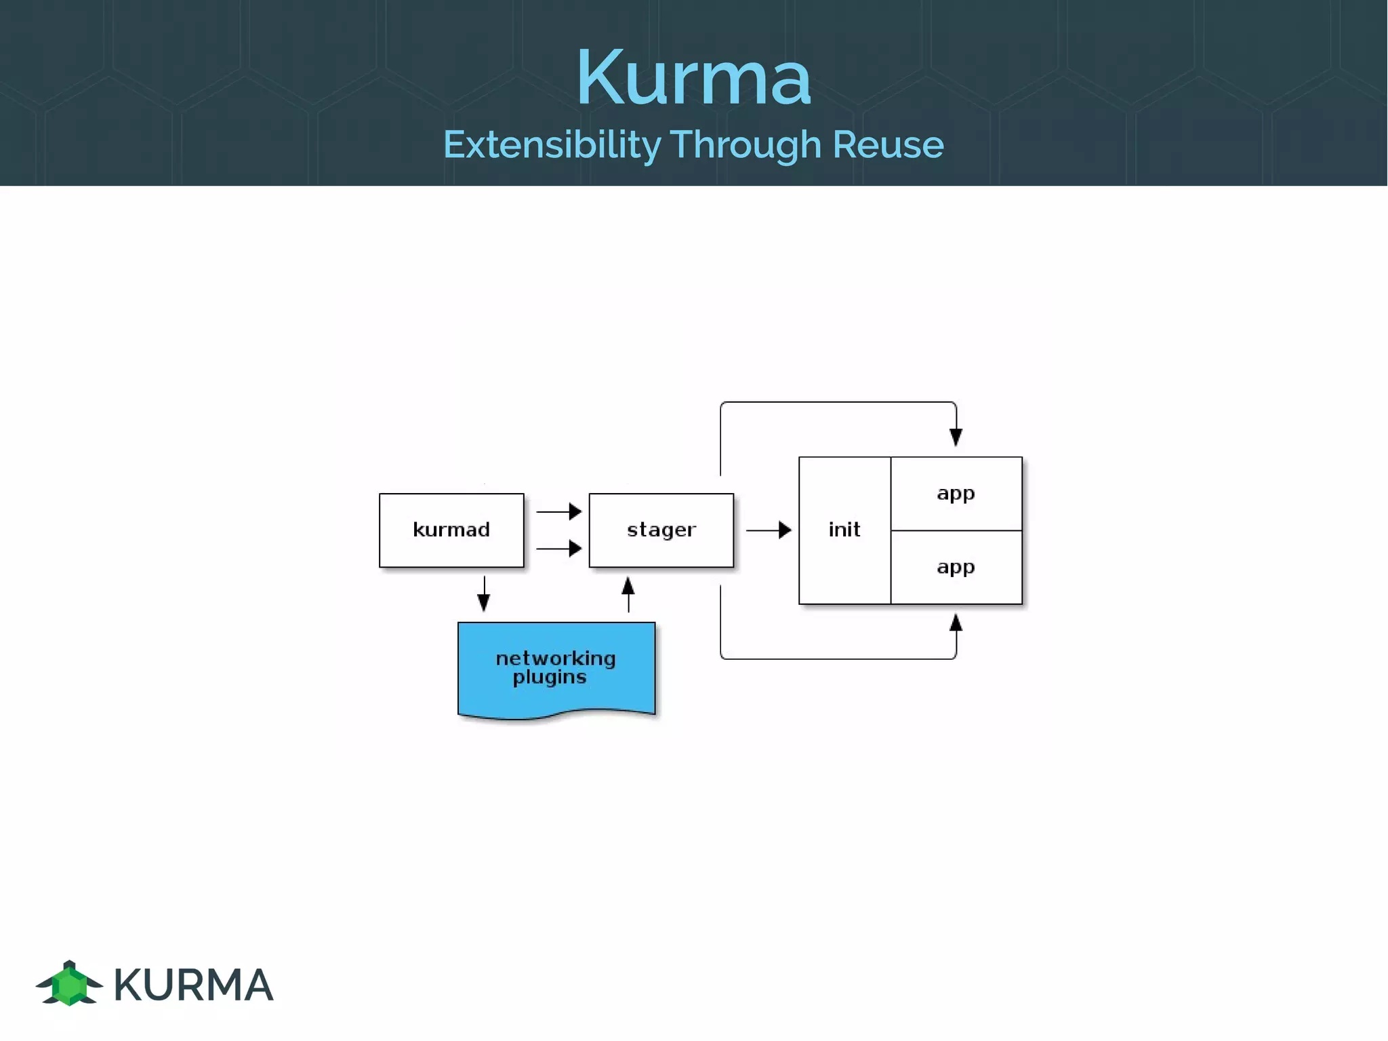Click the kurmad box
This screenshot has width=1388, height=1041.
click(451, 530)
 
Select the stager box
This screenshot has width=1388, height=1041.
click(661, 530)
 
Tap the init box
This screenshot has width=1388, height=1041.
click(844, 530)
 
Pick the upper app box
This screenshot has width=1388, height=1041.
click(956, 493)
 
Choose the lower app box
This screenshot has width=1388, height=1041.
click(956, 567)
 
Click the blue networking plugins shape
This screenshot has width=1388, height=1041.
click(556, 669)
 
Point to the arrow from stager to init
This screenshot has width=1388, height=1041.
click(769, 530)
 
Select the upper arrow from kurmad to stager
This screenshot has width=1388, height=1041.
click(558, 511)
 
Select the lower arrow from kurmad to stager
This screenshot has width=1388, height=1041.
click(558, 548)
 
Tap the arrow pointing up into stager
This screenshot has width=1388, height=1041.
click(628, 594)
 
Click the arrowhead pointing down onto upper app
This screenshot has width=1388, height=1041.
click(956, 437)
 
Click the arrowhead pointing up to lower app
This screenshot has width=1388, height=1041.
click(956, 623)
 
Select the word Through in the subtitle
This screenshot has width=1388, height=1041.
click(746, 144)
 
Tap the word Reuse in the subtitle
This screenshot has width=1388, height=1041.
click(888, 144)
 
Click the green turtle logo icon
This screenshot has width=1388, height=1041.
click(69, 983)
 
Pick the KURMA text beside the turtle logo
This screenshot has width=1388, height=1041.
click(193, 985)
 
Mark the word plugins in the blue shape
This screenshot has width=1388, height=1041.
click(550, 677)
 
